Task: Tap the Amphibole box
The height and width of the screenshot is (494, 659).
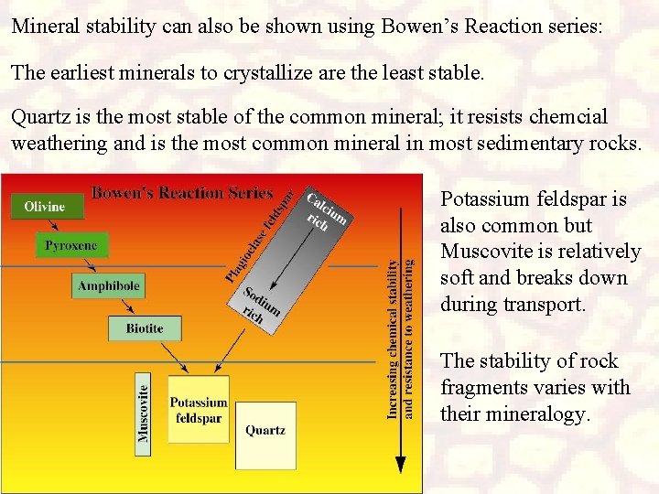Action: click(109, 286)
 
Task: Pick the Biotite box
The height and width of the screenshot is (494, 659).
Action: click(144, 328)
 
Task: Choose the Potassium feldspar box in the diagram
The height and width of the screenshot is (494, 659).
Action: click(198, 409)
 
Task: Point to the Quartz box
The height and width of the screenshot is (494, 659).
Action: click(265, 430)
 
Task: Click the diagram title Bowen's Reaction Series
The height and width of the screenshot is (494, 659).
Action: click(182, 193)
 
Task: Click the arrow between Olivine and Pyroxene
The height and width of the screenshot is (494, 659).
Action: click(59, 225)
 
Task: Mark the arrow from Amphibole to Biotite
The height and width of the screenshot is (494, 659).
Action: click(128, 306)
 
